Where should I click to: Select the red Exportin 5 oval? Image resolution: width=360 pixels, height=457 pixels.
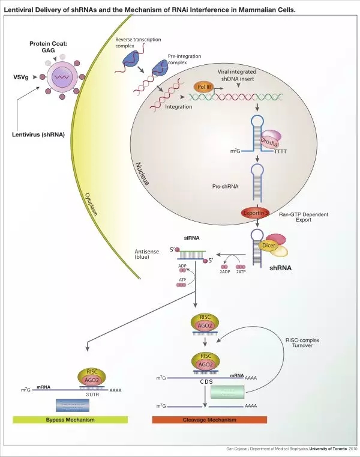tap(257, 212)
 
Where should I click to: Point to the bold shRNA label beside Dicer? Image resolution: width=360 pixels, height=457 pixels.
tap(280, 268)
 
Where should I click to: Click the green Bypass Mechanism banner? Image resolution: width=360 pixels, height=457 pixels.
tap(70, 419)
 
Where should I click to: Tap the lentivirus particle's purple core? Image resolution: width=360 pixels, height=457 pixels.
tap(59, 77)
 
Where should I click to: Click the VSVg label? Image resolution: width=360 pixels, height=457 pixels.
tap(21, 77)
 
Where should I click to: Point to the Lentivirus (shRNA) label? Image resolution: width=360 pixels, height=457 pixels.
tap(38, 134)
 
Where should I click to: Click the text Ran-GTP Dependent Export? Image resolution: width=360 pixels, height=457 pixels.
tap(304, 217)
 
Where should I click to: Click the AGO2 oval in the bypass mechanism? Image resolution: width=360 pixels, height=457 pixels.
tap(92, 380)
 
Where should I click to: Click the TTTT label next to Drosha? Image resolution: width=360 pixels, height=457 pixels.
tap(280, 152)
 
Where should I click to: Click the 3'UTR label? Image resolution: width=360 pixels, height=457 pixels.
tap(92, 395)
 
